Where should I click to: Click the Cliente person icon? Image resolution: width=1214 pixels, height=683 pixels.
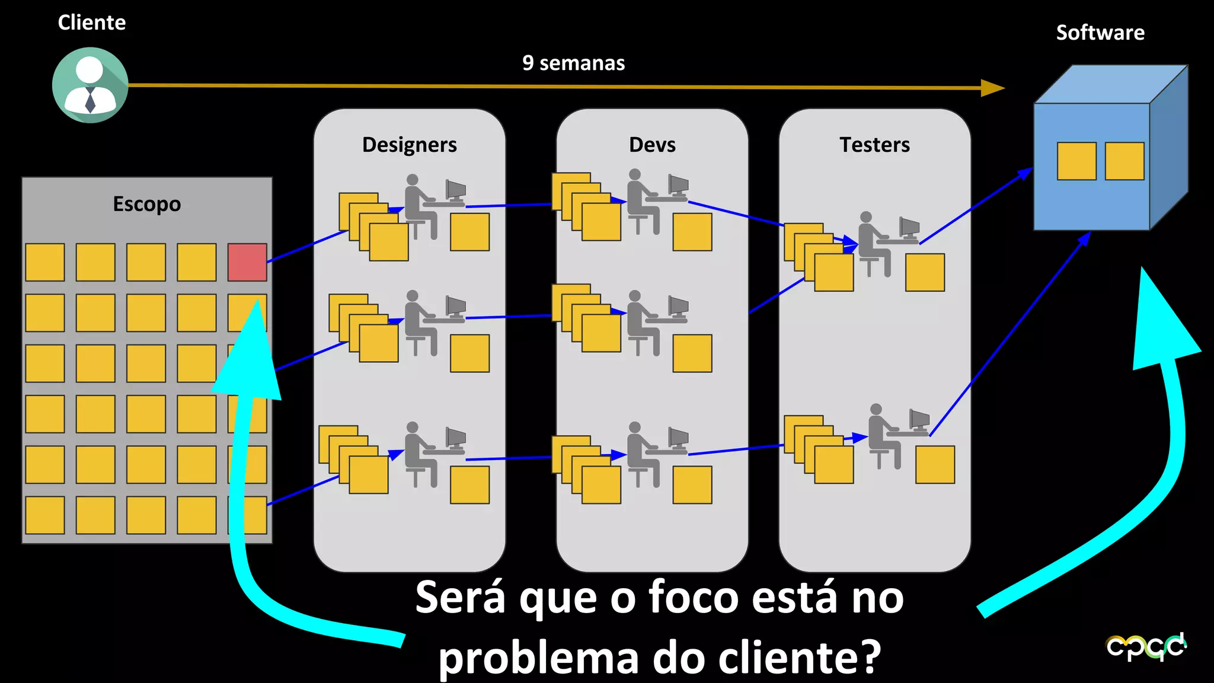click(x=90, y=85)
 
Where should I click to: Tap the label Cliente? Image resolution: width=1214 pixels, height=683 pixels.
click(x=92, y=23)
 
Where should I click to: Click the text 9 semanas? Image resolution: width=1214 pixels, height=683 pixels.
click(x=573, y=63)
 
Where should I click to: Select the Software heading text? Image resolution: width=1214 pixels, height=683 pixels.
click(x=1100, y=33)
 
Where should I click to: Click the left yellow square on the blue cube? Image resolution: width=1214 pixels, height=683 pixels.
click(x=1076, y=161)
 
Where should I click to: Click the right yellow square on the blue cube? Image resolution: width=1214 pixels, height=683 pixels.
click(x=1124, y=161)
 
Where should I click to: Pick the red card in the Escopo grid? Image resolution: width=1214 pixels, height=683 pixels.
click(x=247, y=262)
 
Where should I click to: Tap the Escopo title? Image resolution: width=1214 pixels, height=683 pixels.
click(x=146, y=204)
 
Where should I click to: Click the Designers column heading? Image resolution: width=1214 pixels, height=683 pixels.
click(x=409, y=145)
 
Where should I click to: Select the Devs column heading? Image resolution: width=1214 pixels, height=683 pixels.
click(x=652, y=145)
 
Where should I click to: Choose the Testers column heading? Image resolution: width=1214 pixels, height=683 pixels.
click(x=874, y=145)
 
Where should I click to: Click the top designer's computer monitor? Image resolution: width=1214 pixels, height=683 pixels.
click(x=456, y=190)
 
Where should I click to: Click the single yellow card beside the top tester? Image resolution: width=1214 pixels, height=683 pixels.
click(x=925, y=272)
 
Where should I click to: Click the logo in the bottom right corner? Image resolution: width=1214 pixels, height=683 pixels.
click(x=1146, y=646)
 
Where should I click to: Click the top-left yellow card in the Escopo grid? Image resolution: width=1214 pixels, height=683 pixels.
click(x=45, y=262)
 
